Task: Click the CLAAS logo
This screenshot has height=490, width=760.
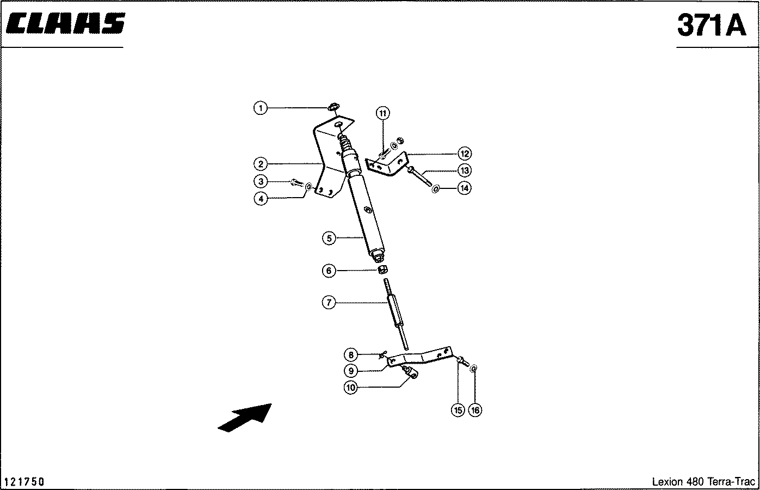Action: [x=65, y=23]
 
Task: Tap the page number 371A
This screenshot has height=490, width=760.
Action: [x=712, y=25]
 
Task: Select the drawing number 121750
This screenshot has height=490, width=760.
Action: [x=24, y=481]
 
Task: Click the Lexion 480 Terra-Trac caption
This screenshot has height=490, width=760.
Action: [x=703, y=481]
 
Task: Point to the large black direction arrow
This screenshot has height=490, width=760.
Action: [x=245, y=418]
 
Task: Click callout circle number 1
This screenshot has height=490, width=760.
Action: [x=261, y=108]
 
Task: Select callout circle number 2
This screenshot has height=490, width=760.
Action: [x=261, y=164]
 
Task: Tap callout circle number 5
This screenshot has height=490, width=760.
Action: [x=329, y=238]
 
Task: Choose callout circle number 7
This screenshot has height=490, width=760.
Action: [x=329, y=302]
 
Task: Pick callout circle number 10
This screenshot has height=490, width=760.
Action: [x=350, y=388]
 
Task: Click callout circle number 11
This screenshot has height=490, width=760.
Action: [x=382, y=113]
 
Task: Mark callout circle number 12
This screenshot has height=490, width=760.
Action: [x=465, y=154]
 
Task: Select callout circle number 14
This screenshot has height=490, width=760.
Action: [x=464, y=188]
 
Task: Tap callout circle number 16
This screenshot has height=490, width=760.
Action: [x=475, y=410]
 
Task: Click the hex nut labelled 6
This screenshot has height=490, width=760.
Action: [x=382, y=269]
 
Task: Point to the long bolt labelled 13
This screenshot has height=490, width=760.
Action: [x=420, y=176]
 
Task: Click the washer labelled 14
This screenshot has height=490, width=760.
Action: [x=435, y=188]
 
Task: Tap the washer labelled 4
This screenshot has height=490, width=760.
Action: [x=309, y=186]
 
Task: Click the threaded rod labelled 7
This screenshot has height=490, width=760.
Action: [x=396, y=314]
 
